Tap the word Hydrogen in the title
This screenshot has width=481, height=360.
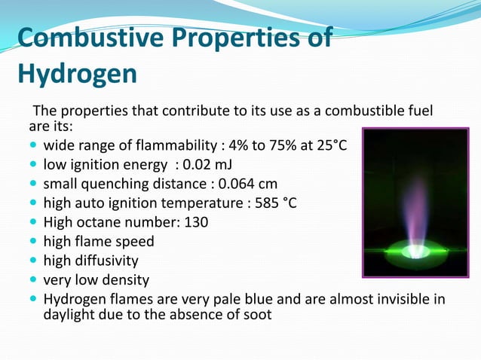77,73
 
